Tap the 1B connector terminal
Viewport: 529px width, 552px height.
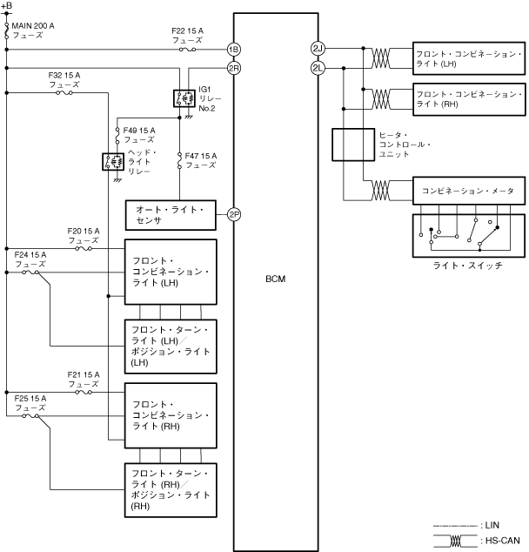(x=234, y=49)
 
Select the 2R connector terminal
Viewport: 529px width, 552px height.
(x=234, y=67)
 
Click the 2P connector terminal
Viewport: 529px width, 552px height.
(x=234, y=214)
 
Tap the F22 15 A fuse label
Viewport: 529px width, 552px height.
(x=187, y=36)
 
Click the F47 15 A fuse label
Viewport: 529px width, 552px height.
(x=201, y=160)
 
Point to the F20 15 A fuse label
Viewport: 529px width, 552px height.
(x=84, y=235)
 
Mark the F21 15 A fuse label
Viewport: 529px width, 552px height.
(x=84, y=379)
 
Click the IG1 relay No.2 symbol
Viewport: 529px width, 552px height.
(x=184, y=98)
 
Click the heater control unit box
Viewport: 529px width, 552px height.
(x=352, y=145)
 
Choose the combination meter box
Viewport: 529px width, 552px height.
(x=469, y=191)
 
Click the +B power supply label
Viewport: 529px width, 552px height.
(x=7, y=6)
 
